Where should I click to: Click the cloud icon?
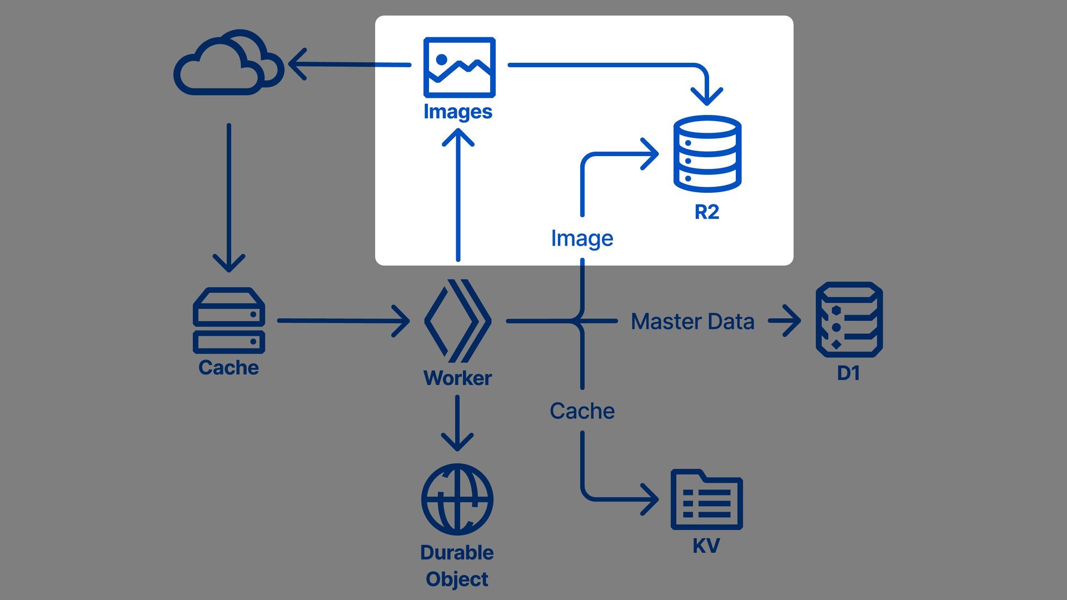228,62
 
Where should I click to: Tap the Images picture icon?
459,67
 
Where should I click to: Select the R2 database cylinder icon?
707,153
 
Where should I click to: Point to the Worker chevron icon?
457,321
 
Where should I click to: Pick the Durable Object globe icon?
457,499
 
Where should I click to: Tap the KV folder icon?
706,499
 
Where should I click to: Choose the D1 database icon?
849,319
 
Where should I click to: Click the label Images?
458,112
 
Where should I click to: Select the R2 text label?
707,212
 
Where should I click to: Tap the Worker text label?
457,378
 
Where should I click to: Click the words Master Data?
692,321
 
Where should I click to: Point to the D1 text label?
849,373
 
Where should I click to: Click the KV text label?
706,546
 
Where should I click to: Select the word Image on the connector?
582,238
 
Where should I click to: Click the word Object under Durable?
457,579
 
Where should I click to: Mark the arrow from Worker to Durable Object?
457,423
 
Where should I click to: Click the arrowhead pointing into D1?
791,321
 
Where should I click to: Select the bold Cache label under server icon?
228,368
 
